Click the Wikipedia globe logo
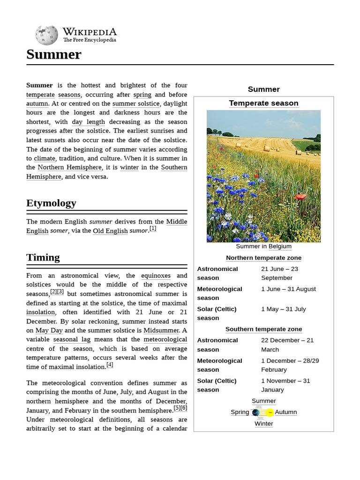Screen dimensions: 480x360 (x=46, y=35)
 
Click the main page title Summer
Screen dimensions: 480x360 (x=54, y=54)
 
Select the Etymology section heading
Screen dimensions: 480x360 (x=51, y=203)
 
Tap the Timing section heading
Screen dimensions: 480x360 (x=43, y=257)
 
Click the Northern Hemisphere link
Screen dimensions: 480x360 (x=69, y=167)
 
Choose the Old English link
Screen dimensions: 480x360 (x=110, y=231)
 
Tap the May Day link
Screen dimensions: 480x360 (x=49, y=330)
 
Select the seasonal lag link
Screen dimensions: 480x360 (x=72, y=339)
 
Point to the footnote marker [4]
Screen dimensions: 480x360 (x=110, y=365)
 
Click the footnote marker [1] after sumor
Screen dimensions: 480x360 (x=153, y=229)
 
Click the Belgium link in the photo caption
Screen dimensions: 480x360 (x=280, y=246)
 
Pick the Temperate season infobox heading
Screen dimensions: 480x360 (x=263, y=103)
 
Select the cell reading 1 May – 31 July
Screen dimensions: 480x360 (x=283, y=309)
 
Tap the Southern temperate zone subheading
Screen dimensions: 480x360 (x=263, y=329)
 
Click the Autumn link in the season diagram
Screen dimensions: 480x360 (x=285, y=412)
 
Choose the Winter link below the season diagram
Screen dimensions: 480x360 (x=263, y=423)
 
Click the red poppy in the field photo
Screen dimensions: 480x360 (x=300, y=196)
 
